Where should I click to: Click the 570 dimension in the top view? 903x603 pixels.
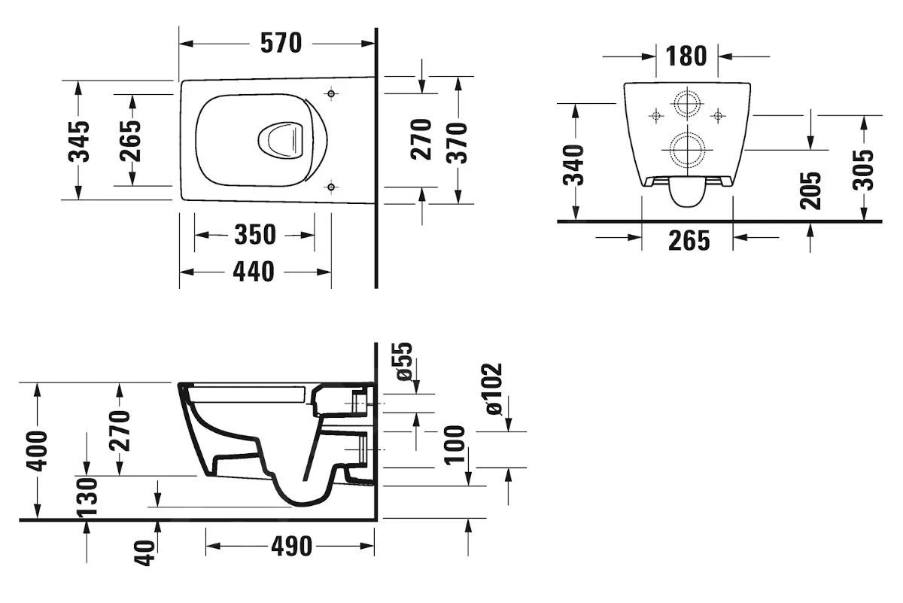click(x=281, y=43)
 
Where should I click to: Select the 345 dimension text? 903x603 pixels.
click(x=79, y=141)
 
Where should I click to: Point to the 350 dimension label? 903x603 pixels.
click(x=254, y=235)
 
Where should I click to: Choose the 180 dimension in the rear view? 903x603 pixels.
click(x=686, y=56)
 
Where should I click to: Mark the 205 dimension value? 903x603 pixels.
click(x=810, y=190)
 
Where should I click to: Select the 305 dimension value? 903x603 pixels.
click(x=865, y=169)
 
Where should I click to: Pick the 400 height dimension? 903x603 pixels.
click(x=37, y=450)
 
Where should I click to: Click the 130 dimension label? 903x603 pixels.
click(x=87, y=498)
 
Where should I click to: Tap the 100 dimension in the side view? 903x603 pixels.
click(x=454, y=444)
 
